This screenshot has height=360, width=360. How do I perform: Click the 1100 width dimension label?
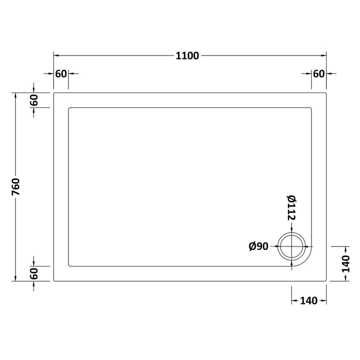[187, 56]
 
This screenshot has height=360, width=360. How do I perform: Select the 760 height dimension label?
[16, 186]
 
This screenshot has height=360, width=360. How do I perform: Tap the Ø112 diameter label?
[291, 208]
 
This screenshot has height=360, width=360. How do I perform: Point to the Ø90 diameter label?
[258, 246]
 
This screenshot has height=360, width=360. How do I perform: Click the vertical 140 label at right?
[346, 263]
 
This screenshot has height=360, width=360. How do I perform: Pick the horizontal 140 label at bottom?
[309, 301]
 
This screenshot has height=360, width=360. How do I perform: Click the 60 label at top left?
[61, 74]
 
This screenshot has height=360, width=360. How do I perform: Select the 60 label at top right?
[319, 74]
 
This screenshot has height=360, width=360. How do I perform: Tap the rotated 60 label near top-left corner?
[34, 100]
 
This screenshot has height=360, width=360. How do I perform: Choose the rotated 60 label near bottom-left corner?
[34, 273]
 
